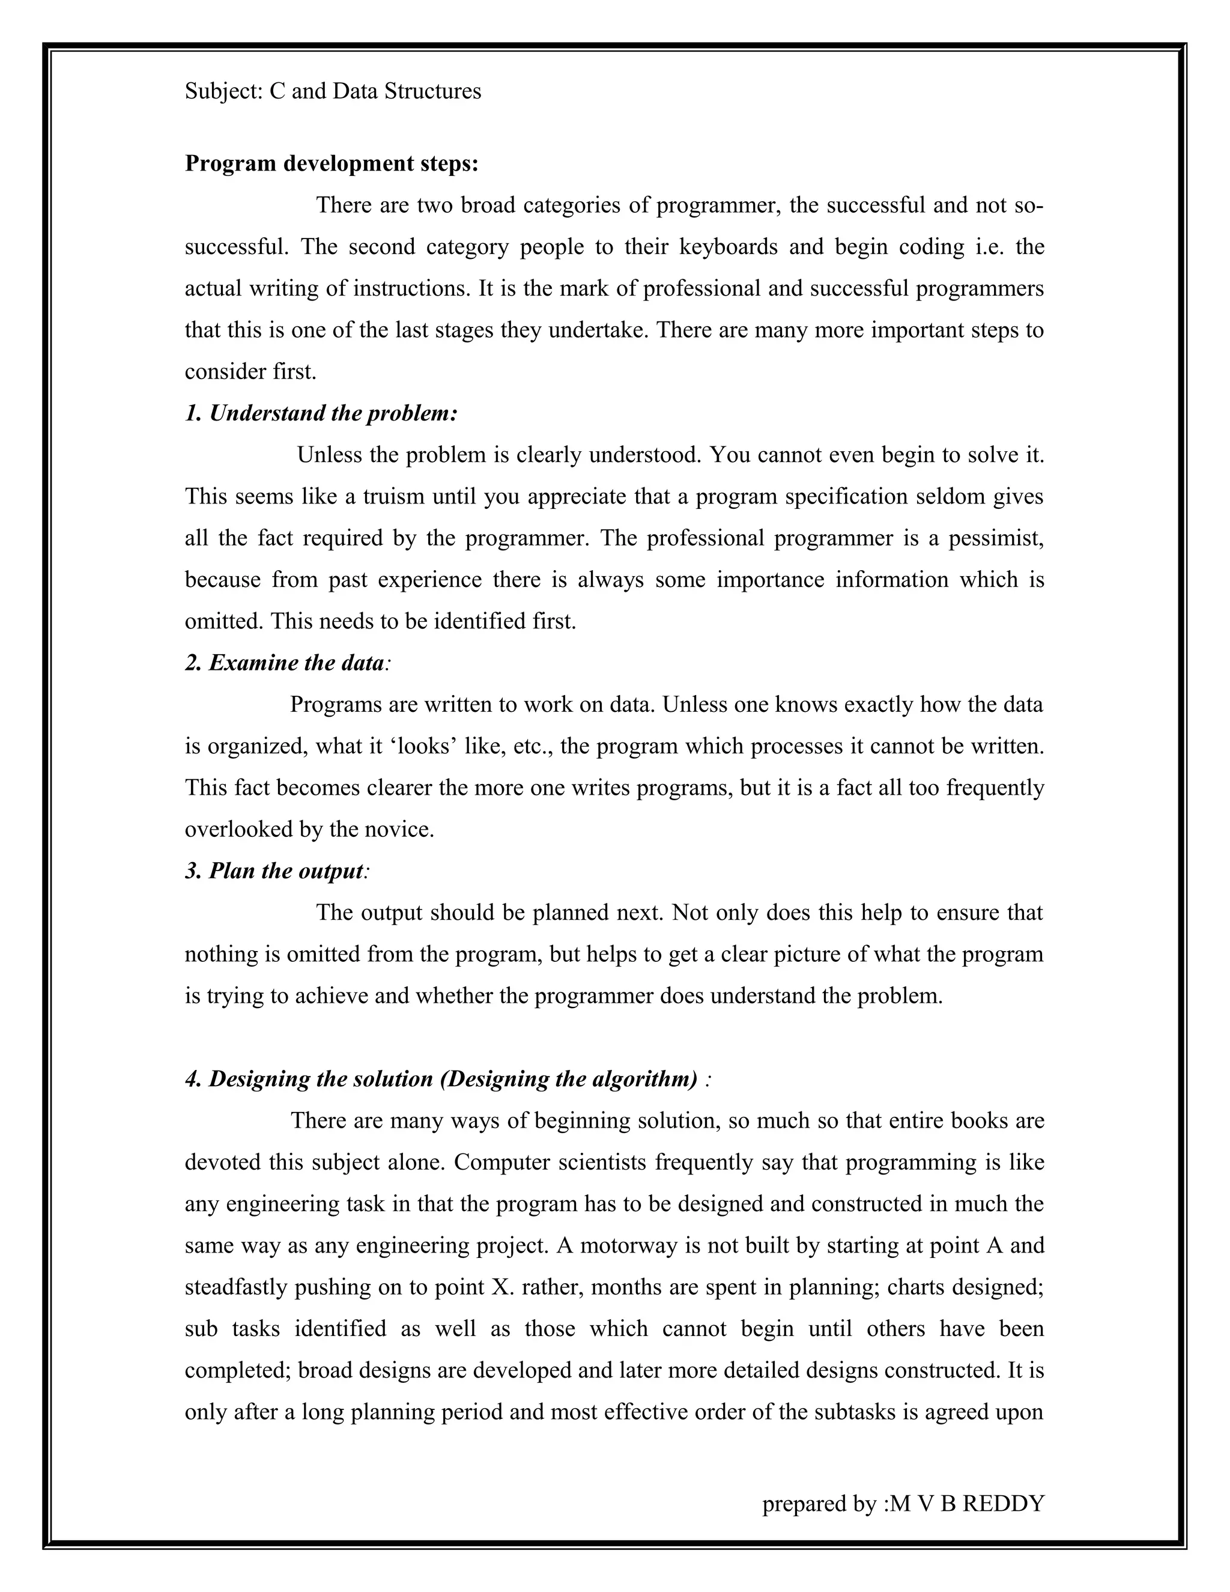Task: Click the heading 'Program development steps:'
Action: click(332, 163)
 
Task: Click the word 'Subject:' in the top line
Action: click(223, 91)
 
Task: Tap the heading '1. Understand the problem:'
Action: click(321, 413)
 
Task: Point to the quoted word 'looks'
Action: click(423, 746)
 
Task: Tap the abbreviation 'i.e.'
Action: click(990, 247)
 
